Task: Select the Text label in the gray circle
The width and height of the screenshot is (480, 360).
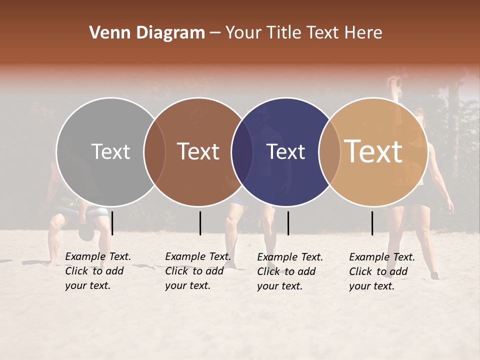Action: pos(110,151)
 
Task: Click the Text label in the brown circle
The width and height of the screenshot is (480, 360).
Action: pos(198,151)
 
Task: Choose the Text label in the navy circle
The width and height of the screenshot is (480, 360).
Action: pos(286,151)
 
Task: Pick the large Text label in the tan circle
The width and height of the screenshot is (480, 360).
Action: pos(373,151)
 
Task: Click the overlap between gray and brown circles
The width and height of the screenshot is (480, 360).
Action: pos(154,151)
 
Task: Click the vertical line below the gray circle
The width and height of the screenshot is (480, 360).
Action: pos(112,223)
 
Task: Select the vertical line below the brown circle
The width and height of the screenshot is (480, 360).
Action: pos(200,223)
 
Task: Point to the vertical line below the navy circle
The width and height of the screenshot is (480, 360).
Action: pos(288,223)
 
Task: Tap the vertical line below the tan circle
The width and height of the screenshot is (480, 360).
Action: pos(372,223)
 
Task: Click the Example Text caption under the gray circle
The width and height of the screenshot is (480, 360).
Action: pos(98,271)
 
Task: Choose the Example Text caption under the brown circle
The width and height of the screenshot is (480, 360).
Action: pos(198,271)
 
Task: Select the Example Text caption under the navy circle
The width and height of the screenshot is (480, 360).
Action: pos(290,271)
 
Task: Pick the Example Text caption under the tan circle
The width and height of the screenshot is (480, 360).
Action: pos(382,271)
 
